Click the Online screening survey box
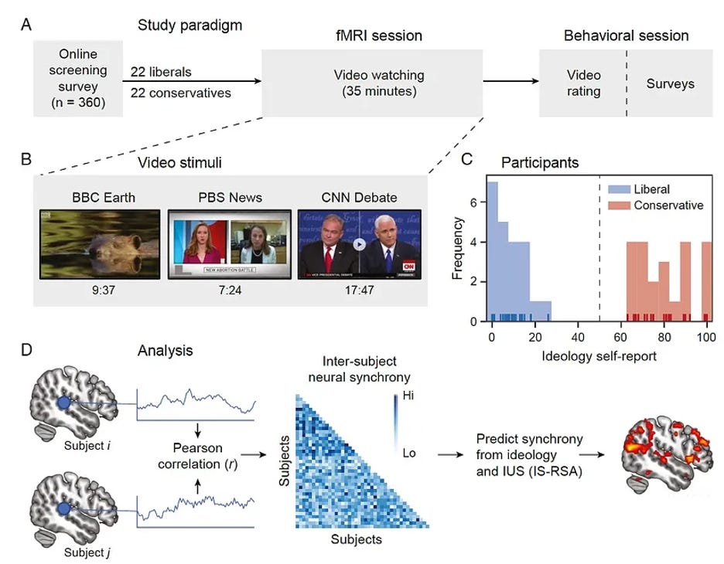(x=77, y=80)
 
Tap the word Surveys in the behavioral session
(x=670, y=83)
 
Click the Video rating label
(x=584, y=83)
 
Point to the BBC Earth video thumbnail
(x=100, y=244)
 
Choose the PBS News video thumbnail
(x=228, y=244)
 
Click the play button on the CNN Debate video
(x=359, y=243)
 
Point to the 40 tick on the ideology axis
(x=577, y=337)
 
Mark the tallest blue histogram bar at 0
(x=492, y=251)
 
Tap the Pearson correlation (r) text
(x=196, y=456)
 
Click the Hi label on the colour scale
(x=409, y=397)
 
